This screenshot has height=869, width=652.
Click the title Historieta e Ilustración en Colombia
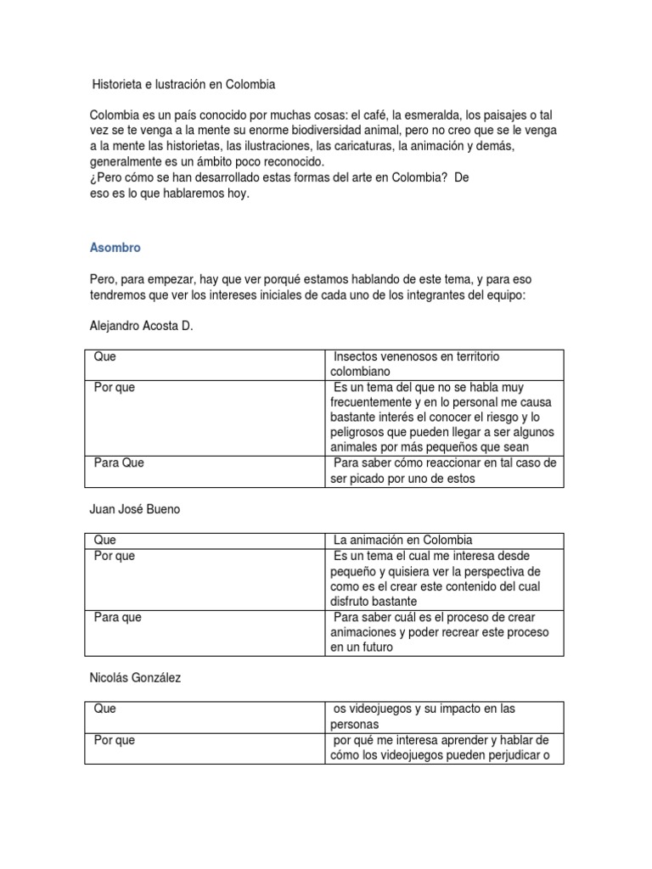coord(183,85)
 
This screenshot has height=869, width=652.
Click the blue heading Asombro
coord(115,249)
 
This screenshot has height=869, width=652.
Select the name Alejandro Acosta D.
coord(141,326)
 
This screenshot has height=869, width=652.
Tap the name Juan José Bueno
coord(135,509)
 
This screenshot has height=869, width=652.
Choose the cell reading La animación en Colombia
coord(403,540)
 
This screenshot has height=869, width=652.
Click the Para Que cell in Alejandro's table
coord(120,463)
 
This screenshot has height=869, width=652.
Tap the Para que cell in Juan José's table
coord(118,618)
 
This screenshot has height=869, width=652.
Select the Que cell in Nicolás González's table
coord(105,709)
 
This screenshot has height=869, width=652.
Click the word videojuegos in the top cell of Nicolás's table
coord(380,709)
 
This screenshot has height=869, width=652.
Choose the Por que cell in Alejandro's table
coord(114,387)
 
